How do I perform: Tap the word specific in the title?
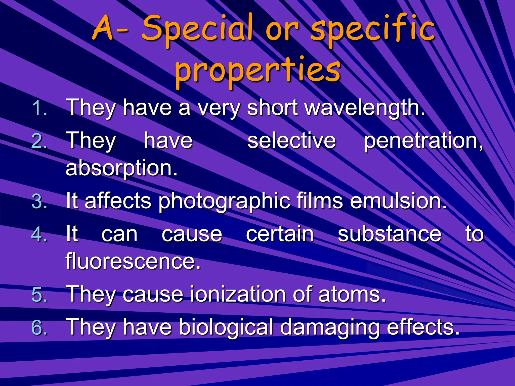click(372, 30)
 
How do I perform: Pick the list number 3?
click(39, 202)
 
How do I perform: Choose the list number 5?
click(39, 295)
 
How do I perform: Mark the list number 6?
click(39, 328)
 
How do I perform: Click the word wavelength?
click(365, 108)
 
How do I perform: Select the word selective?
click(292, 141)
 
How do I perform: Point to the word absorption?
click(121, 168)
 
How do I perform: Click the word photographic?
click(224, 202)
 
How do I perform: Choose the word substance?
click(390, 234)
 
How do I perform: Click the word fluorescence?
click(133, 261)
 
